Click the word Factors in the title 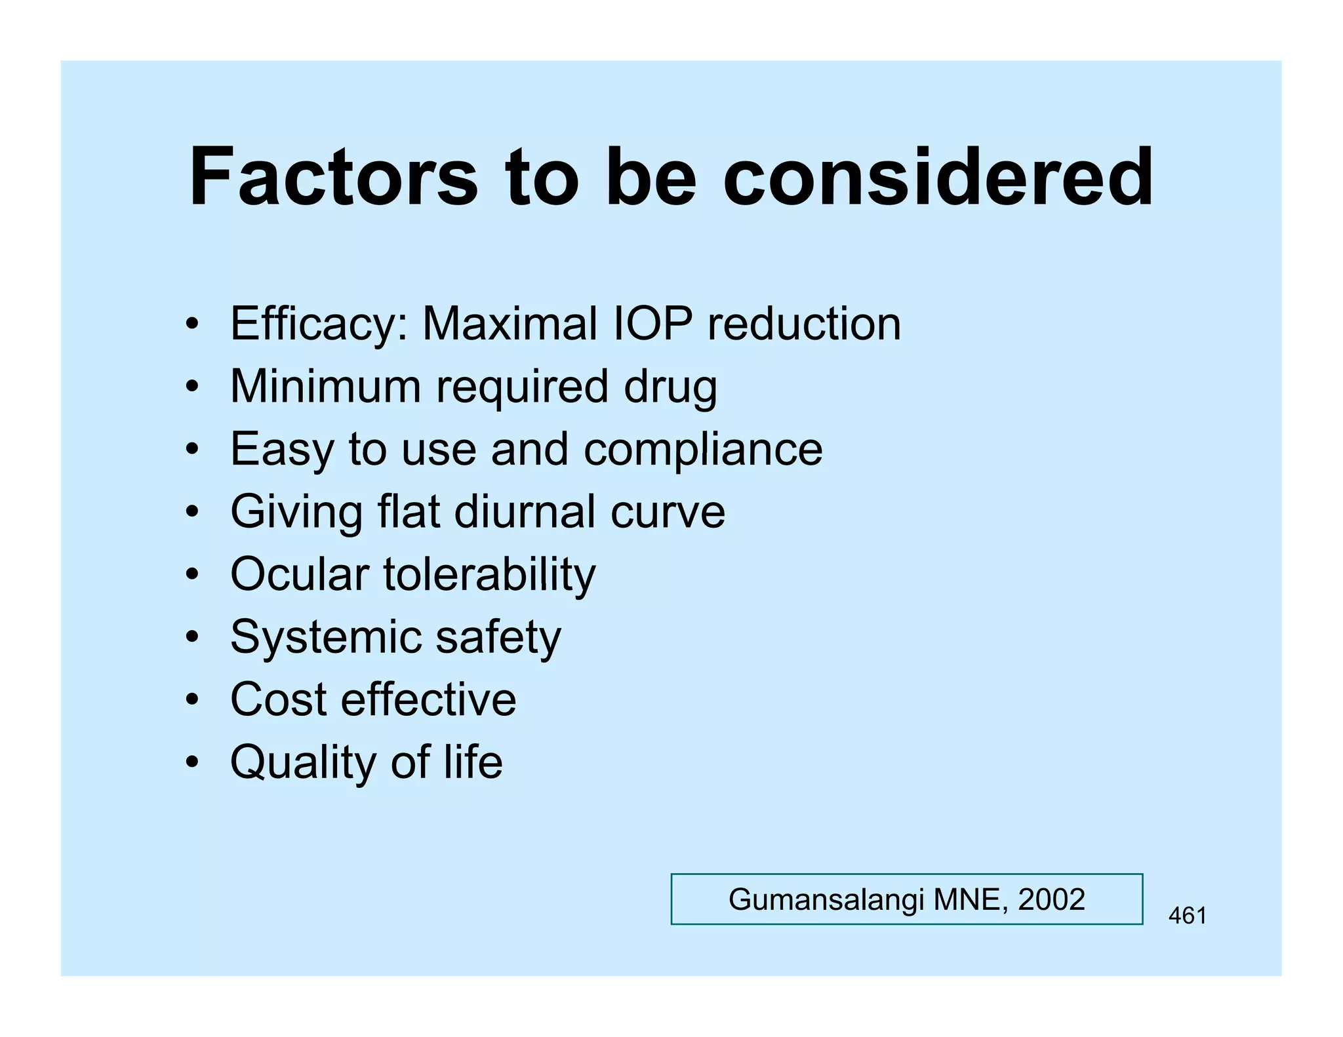pyautogui.click(x=333, y=177)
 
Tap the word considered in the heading pyautogui.click(x=938, y=177)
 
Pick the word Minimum pyautogui.click(x=325, y=386)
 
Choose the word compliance pyautogui.click(x=703, y=450)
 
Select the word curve pyautogui.click(x=668, y=513)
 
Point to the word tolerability pyautogui.click(x=490, y=575)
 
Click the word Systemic pyautogui.click(x=325, y=638)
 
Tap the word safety pyautogui.click(x=498, y=638)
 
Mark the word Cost pyautogui.click(x=278, y=699)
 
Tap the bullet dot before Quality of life pyautogui.click(x=191, y=763)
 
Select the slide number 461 pyautogui.click(x=1187, y=916)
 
